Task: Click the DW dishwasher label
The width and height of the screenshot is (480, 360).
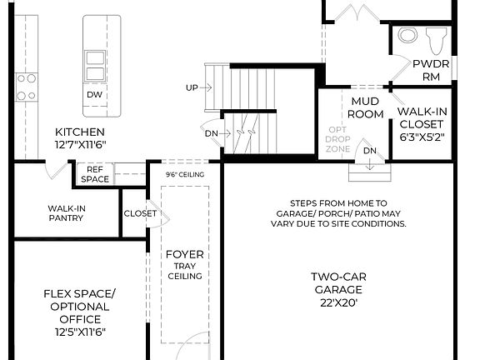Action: click(95, 95)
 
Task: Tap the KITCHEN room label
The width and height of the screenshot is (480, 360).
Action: click(80, 132)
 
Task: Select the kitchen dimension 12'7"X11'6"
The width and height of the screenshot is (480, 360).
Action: click(80, 145)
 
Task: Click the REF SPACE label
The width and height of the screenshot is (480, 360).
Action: click(93, 174)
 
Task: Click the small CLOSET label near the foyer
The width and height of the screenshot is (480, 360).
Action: click(140, 213)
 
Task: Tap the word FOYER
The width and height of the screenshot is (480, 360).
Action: click(185, 254)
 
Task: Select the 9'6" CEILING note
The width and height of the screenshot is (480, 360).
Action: click(184, 175)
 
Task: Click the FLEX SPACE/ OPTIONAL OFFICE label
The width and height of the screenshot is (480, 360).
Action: click(80, 306)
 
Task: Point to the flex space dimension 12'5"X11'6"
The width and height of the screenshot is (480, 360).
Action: click(80, 332)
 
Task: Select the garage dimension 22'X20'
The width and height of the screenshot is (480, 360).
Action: click(338, 303)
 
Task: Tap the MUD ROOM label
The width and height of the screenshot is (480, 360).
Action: click(366, 107)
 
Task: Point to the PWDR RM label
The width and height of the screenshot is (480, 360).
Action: click(430, 69)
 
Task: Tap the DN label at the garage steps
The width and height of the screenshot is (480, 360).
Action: click(370, 150)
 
